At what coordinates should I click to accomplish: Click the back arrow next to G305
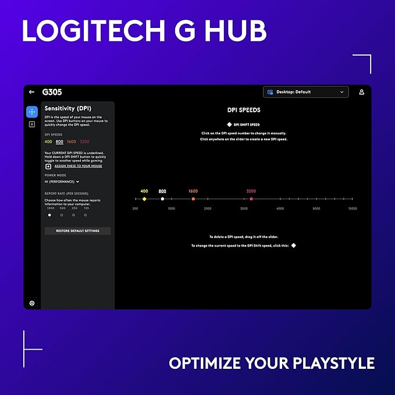(31, 92)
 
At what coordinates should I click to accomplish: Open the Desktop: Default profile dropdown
(305, 92)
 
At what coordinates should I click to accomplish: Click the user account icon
(361, 92)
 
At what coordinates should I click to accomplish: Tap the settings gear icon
(31, 303)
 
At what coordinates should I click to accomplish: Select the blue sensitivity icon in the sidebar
(31, 112)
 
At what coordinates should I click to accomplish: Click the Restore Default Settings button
(77, 231)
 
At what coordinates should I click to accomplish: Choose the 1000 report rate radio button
(49, 215)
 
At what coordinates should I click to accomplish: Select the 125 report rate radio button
(86, 215)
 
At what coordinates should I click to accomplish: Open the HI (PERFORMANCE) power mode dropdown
(62, 182)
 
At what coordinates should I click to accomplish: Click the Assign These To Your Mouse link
(78, 166)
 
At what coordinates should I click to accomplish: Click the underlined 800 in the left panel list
(59, 141)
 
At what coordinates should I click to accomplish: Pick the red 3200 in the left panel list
(84, 141)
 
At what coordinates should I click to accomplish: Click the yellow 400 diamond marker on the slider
(144, 199)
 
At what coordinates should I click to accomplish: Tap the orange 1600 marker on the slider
(193, 199)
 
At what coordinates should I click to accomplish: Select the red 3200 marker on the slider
(251, 199)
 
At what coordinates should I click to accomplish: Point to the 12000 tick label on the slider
(352, 208)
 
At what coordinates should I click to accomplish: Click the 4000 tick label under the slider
(280, 208)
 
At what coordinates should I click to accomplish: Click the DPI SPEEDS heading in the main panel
(244, 110)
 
